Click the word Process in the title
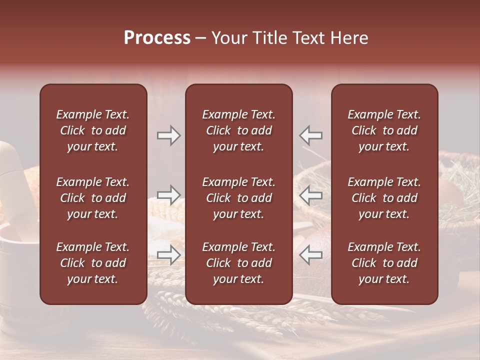(157, 38)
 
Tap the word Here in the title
(349, 38)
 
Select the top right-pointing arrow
(169, 135)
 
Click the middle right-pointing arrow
(169, 195)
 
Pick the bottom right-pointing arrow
(169, 255)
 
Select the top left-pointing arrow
(311, 135)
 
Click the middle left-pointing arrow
(311, 195)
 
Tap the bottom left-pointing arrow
(311, 255)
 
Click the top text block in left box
(93, 130)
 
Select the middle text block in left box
(93, 198)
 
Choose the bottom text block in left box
(93, 263)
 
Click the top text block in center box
(238, 130)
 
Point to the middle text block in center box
(238, 198)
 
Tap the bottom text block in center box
(238, 263)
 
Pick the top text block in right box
(384, 130)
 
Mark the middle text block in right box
(384, 198)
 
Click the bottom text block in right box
(384, 263)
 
